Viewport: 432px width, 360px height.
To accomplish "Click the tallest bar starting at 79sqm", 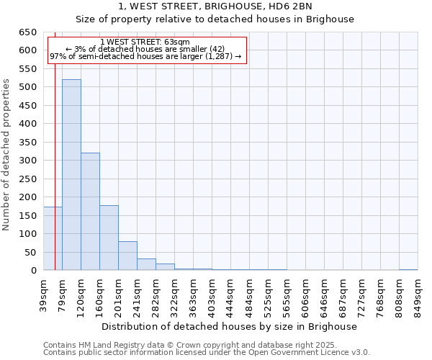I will pyautogui.click(x=71, y=175).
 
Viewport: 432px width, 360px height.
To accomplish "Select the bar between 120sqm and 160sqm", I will pyautogui.click(x=90, y=212).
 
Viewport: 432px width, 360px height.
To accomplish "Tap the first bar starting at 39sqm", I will pyautogui.click(x=53, y=238).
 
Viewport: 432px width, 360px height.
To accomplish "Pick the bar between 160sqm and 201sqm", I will pyautogui.click(x=109, y=238).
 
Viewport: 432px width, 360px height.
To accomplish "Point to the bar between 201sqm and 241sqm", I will pyautogui.click(x=127, y=256).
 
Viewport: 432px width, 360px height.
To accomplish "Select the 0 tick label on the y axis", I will pyautogui.click(x=33, y=271).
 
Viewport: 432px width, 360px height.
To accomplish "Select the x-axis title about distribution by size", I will pyautogui.click(x=229, y=326).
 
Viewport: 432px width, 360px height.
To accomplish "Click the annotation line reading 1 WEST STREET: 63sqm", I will pyautogui.click(x=145, y=42).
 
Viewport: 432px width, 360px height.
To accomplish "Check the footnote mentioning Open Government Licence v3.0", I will pyautogui.click(x=207, y=353).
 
